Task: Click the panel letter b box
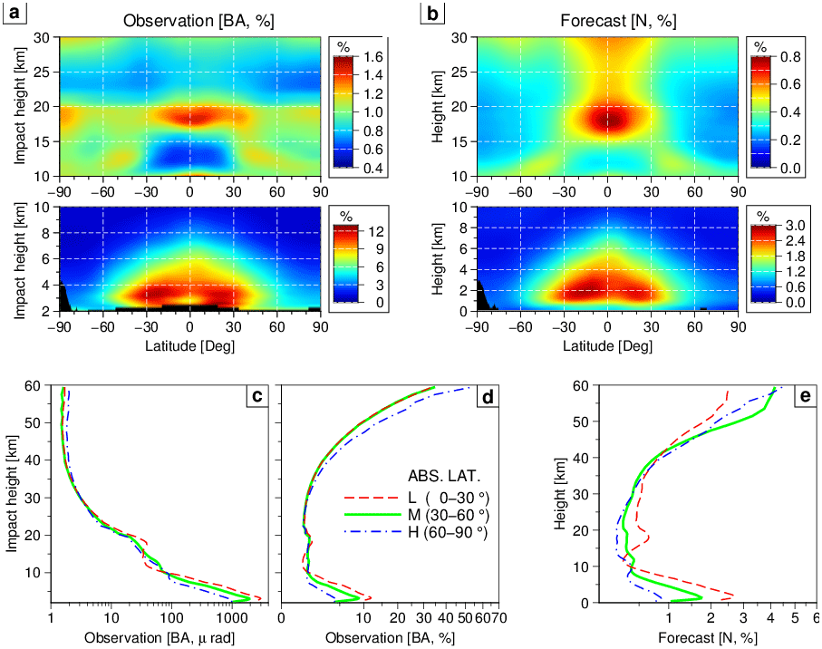[x=432, y=14]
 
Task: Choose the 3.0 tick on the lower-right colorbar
[x=791, y=225]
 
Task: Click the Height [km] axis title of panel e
[x=560, y=494]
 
